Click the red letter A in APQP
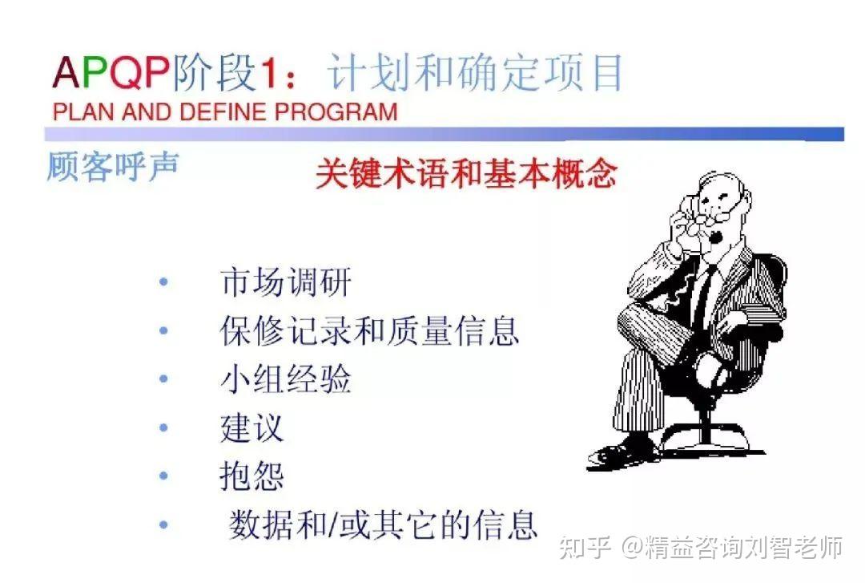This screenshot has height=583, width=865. [66, 72]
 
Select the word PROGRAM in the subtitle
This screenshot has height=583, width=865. [336, 111]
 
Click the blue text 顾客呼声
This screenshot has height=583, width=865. [113, 166]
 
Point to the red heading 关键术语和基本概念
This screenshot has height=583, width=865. [466, 173]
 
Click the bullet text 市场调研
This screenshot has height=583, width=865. [286, 281]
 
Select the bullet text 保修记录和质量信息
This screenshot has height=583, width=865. [369, 330]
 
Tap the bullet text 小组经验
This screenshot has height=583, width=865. [286, 379]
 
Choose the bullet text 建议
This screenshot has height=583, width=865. [252, 427]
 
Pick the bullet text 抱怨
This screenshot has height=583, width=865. [252, 476]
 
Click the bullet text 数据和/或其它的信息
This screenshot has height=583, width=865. [383, 524]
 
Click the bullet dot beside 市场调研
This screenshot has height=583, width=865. [163, 281]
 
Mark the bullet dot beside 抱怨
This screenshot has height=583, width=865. [163, 476]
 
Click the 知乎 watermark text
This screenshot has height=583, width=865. [585, 548]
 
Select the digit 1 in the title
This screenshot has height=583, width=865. [268, 73]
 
